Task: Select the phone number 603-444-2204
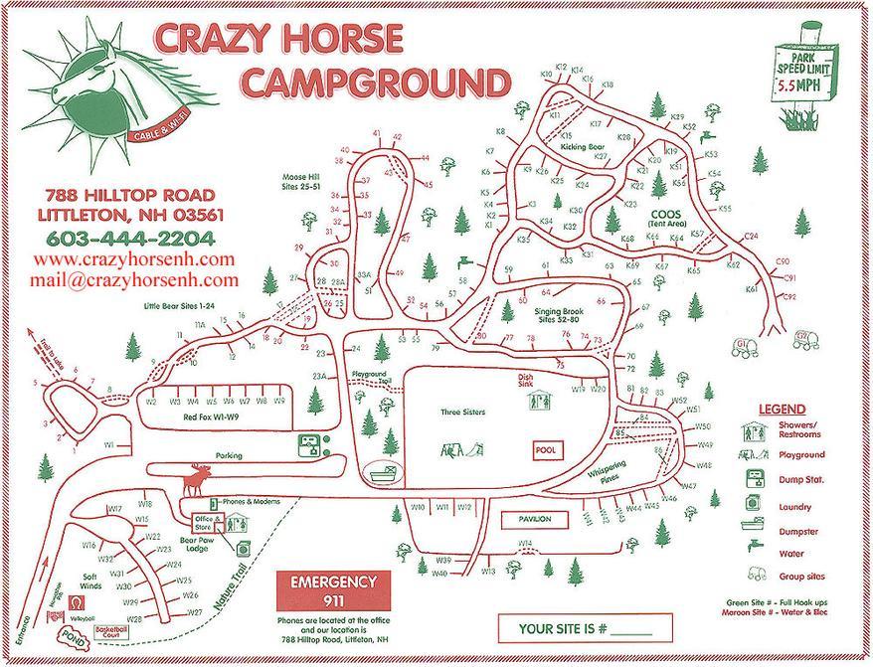129,239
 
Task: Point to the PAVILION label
533,519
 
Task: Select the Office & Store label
207,520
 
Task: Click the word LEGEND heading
782,410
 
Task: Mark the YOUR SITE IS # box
585,628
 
